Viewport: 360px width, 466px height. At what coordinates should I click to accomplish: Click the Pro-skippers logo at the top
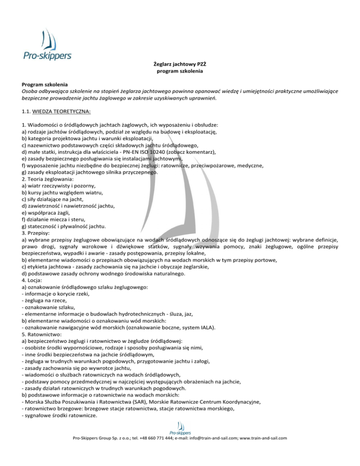click(47, 44)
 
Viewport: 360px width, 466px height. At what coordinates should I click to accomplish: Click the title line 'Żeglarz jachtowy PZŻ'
click(180, 64)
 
